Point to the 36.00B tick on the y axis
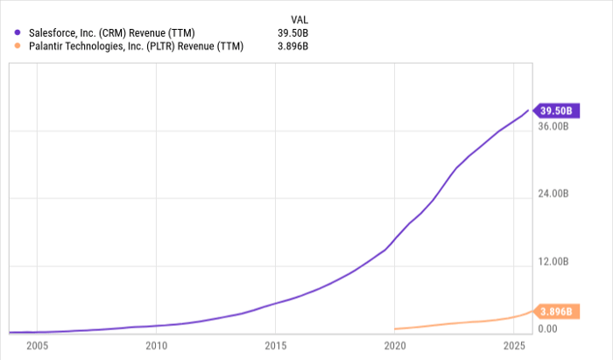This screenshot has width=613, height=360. pyautogui.click(x=553, y=126)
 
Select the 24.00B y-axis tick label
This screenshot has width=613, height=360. pyautogui.click(x=553, y=194)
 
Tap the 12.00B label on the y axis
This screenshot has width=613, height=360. pyautogui.click(x=553, y=262)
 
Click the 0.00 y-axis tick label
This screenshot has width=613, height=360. pyautogui.click(x=548, y=329)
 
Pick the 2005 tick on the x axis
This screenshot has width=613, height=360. pyautogui.click(x=37, y=344)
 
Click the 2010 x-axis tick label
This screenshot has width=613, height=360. pyautogui.click(x=156, y=344)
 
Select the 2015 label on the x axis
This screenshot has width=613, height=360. pyautogui.click(x=276, y=344)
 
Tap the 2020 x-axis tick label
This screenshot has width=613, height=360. pyautogui.click(x=395, y=344)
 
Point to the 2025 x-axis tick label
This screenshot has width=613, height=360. pyautogui.click(x=514, y=344)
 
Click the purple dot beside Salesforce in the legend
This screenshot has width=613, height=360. pyautogui.click(x=18, y=32)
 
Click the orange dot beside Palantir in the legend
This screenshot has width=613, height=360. pyautogui.click(x=18, y=46)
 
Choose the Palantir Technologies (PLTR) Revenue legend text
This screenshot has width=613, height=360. pyautogui.click(x=140, y=46)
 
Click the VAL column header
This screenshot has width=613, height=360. pyautogui.click(x=299, y=18)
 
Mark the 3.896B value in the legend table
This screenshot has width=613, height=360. pyautogui.click(x=293, y=46)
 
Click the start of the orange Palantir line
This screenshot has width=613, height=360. pyautogui.click(x=396, y=328)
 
